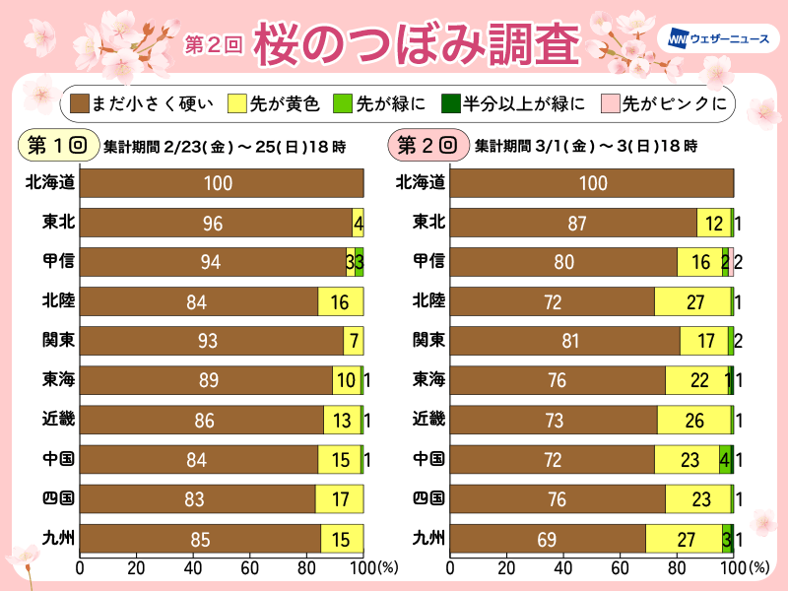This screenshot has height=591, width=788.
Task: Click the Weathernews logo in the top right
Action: click(x=712, y=39)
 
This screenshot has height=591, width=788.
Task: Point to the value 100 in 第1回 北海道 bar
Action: click(x=221, y=183)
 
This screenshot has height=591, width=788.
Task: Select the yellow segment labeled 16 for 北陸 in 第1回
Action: click(x=341, y=301)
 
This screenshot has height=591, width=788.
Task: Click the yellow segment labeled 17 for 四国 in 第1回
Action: click(x=340, y=499)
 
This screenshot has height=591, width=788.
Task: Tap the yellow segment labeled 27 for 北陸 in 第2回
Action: click(x=692, y=301)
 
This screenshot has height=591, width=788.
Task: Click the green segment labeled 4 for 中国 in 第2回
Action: click(x=725, y=460)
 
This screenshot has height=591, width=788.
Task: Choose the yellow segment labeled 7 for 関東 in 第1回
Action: click(x=354, y=341)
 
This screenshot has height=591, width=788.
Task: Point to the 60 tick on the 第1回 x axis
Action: click(x=250, y=568)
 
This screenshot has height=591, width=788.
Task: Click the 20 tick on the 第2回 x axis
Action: click(x=506, y=568)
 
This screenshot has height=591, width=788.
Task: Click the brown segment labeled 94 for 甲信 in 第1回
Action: click(x=212, y=262)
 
